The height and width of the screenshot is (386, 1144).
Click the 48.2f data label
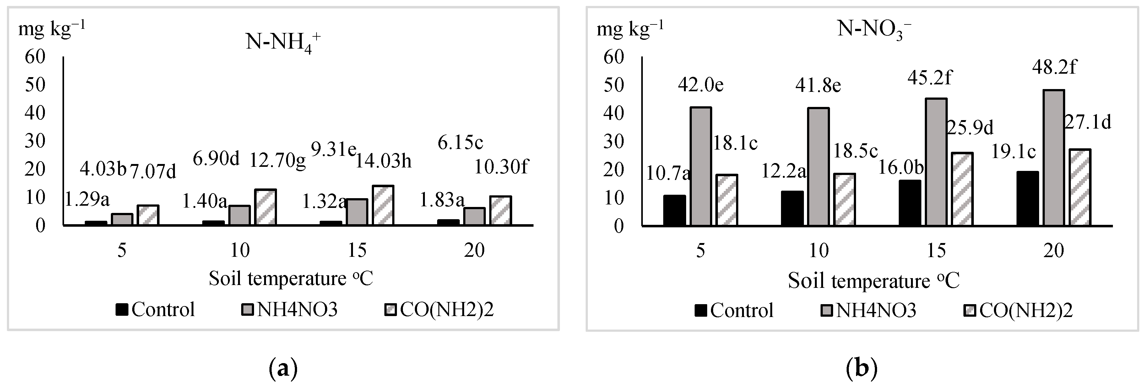[1054, 68]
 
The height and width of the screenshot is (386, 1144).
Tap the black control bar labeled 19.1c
[1027, 199]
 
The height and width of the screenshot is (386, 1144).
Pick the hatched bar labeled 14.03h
[383, 205]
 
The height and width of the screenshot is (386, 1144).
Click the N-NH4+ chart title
[283, 44]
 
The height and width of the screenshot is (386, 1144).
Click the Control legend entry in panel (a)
[155, 309]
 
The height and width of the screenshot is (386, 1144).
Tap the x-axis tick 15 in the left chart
[357, 251]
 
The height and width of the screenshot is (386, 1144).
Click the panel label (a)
[283, 369]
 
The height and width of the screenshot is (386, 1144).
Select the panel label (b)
[862, 369]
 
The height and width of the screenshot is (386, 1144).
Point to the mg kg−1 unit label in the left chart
[52, 29]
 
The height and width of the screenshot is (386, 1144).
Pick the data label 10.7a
[668, 173]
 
